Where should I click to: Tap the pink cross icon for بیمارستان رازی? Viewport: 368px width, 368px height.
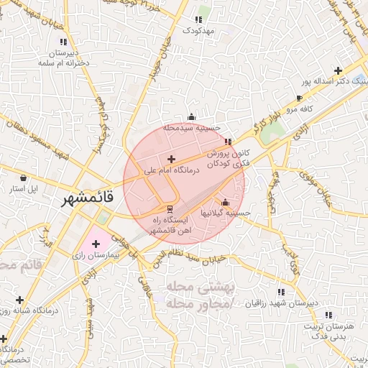pyautogui.click(x=96, y=244)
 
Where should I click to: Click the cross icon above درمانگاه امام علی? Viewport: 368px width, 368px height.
pyautogui.click(x=171, y=159)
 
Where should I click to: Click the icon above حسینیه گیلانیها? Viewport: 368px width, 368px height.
pyautogui.click(x=226, y=202)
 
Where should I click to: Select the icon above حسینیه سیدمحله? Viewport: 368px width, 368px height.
pyautogui.click(x=191, y=117)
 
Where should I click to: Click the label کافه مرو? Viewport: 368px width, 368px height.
pyautogui.click(x=299, y=109)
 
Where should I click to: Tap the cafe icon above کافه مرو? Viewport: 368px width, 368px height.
pyautogui.click(x=299, y=98)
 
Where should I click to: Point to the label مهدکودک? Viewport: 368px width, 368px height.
pyautogui.click(x=199, y=30)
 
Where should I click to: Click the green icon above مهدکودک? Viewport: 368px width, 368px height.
pyautogui.click(x=199, y=19)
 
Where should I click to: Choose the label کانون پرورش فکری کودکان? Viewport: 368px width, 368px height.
pyautogui.click(x=229, y=159)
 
